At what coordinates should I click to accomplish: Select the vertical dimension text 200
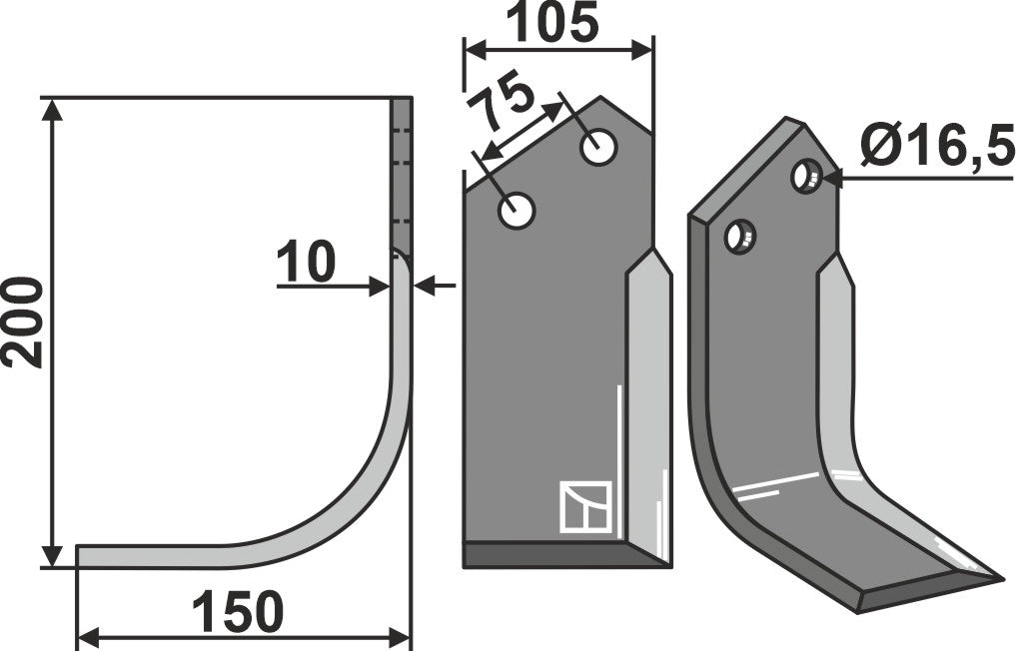point(24,323)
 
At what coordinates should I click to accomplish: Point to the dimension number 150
point(238,612)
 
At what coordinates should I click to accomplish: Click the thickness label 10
point(306,264)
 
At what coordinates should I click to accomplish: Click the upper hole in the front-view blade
point(598,148)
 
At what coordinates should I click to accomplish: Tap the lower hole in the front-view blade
point(516,211)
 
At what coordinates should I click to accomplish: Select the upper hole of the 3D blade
point(806,177)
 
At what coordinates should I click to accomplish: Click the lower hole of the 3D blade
point(740,237)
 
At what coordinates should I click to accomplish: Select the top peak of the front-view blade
point(600,99)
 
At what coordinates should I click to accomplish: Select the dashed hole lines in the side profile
point(401,175)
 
